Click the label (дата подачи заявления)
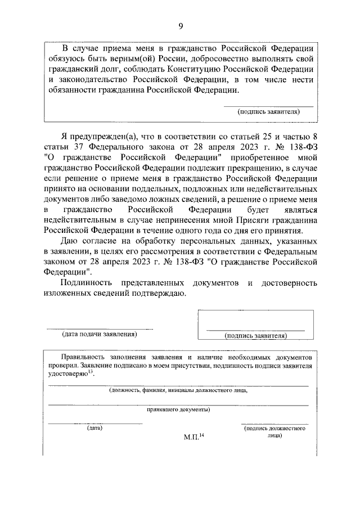coord(99,335)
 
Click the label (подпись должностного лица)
coord(274,432)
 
